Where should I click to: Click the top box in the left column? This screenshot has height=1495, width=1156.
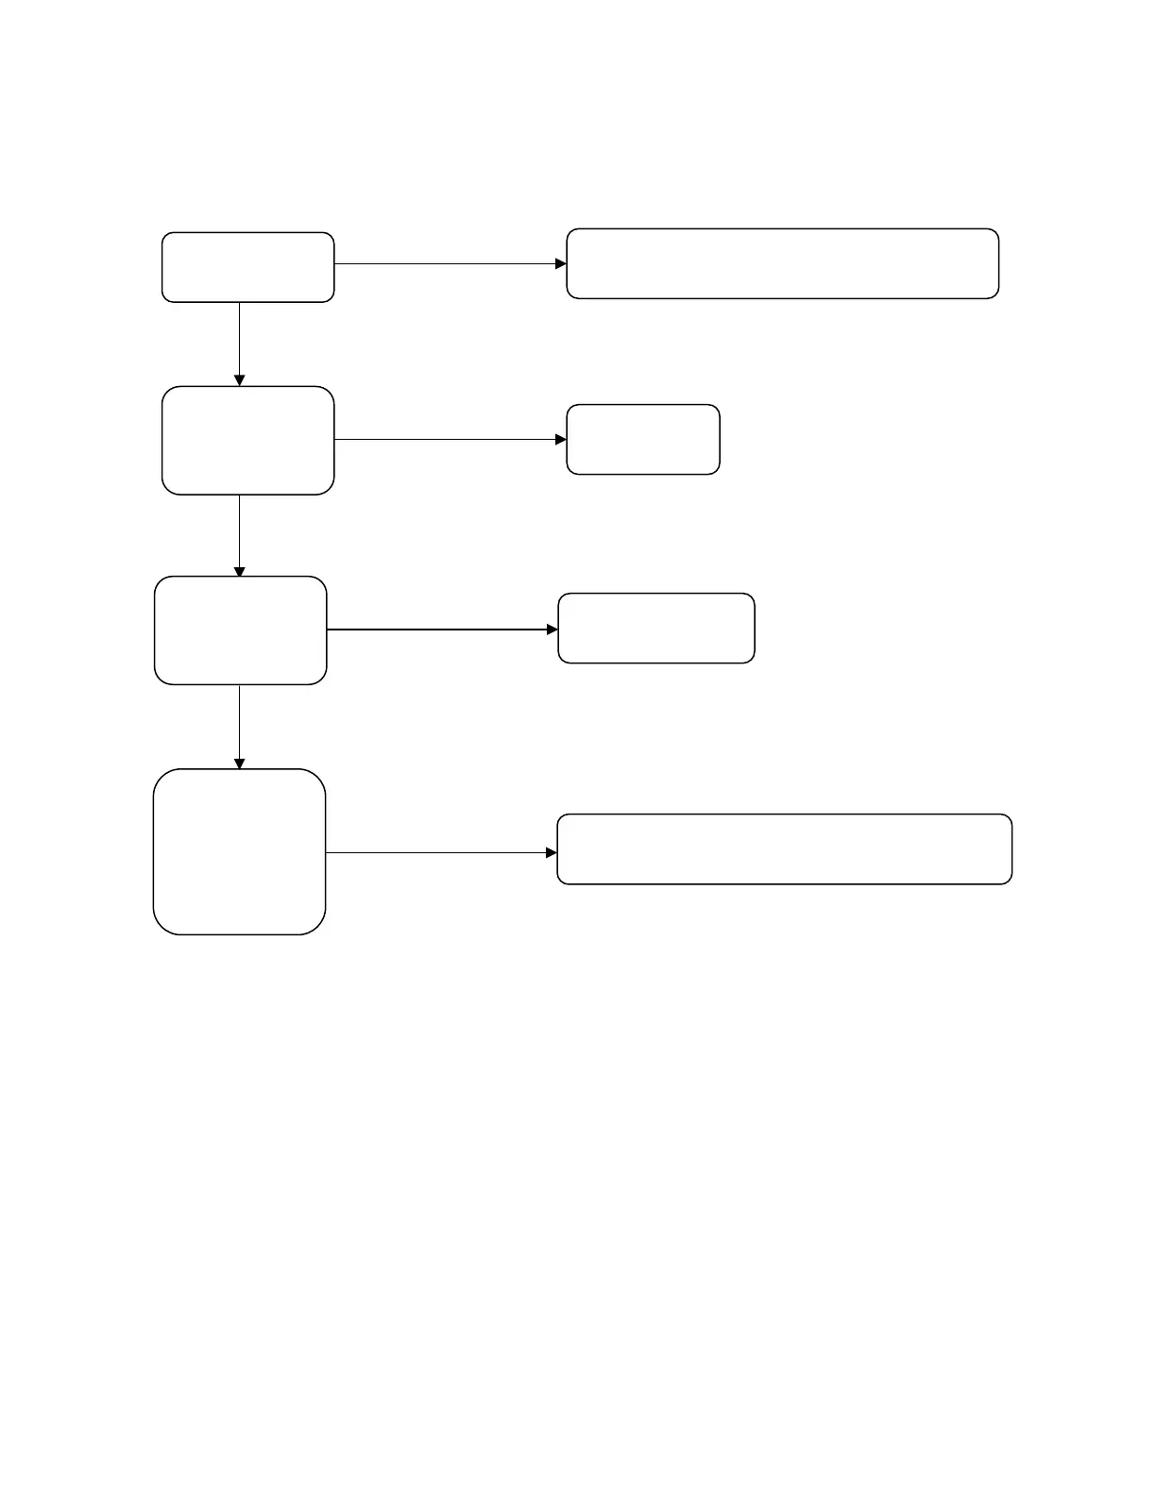pos(247,267)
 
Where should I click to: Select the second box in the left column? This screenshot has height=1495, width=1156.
pos(247,440)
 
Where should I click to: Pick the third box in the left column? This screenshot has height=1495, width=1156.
pos(240,630)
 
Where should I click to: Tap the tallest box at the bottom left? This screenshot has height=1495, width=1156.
pos(239,851)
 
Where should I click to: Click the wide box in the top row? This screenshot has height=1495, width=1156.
pos(782,263)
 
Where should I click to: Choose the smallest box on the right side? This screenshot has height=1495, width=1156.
pos(642,439)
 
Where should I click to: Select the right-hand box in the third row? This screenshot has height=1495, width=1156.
pos(655,628)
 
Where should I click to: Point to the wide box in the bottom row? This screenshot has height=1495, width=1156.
pos(784,848)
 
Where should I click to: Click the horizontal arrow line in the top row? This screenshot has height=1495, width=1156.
pos(444,263)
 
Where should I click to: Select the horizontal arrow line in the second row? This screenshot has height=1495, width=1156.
pos(444,439)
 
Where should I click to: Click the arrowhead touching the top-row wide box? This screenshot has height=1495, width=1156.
pos(560,263)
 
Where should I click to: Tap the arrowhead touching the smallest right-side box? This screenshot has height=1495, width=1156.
pos(560,439)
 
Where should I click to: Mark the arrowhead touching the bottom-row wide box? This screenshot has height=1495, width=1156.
pos(552,852)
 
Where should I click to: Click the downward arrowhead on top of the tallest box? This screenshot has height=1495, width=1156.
pos(239,763)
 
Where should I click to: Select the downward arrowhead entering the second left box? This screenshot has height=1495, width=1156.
pos(239,379)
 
